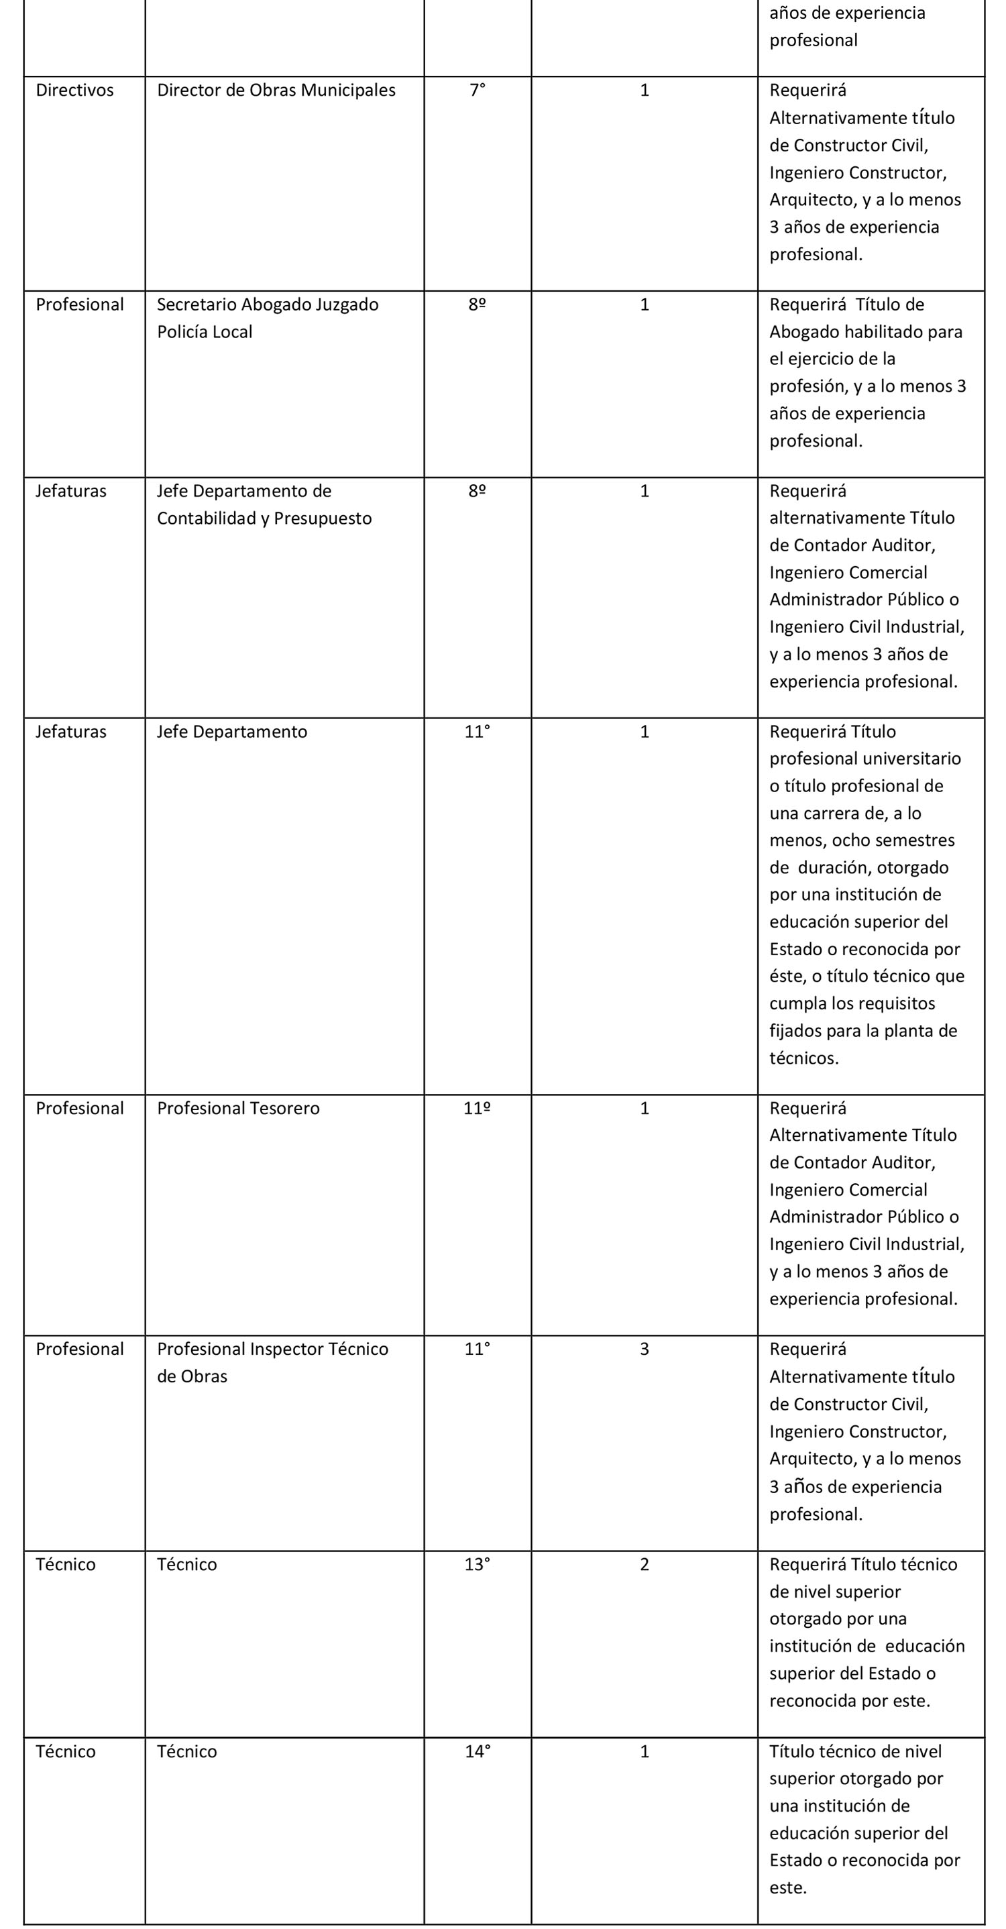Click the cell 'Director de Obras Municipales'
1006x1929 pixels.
tap(276, 91)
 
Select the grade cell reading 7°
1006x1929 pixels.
tap(478, 91)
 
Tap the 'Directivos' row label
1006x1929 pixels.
tap(75, 91)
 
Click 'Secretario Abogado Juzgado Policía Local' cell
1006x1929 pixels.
tap(267, 317)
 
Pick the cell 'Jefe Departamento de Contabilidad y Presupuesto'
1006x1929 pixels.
tap(264, 504)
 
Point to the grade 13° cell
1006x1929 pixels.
tap(478, 1564)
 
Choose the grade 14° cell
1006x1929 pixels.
tap(478, 1751)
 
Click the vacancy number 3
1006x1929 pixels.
tap(645, 1349)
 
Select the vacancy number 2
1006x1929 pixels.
tap(645, 1564)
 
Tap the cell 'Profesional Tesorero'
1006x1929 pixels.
tap(238, 1108)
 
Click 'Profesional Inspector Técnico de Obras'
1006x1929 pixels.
tap(272, 1362)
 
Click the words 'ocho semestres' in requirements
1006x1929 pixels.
tap(893, 840)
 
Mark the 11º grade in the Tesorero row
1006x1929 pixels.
tap(478, 1108)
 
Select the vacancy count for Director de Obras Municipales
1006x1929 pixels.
tap(645, 91)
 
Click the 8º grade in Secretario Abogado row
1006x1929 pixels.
tap(478, 305)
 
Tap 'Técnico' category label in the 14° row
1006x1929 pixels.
tap(66, 1751)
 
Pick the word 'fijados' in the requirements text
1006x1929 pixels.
tap(795, 1031)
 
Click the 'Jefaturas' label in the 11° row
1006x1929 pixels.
tap(71, 732)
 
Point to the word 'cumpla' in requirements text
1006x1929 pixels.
tap(798, 1003)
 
